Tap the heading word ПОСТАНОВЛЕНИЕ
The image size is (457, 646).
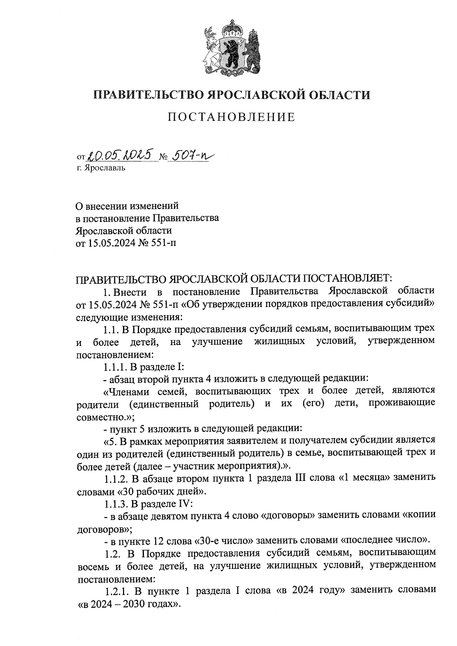(x=232, y=117)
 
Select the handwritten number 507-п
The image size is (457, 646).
(x=192, y=155)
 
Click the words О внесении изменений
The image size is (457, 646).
(x=127, y=206)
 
